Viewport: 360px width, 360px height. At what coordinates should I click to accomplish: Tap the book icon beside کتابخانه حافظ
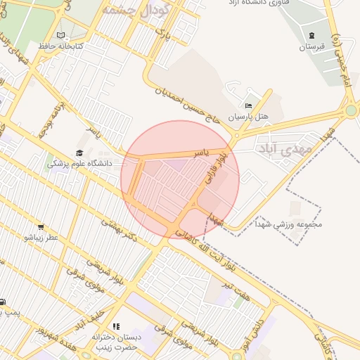(x=61, y=35)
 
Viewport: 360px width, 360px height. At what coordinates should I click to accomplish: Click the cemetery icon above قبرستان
(x=312, y=36)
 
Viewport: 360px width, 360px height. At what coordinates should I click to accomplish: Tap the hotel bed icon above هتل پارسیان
(x=247, y=105)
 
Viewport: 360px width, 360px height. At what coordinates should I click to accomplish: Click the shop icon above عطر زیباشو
(x=41, y=227)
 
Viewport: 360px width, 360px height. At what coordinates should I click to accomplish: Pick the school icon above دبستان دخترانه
(x=116, y=326)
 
